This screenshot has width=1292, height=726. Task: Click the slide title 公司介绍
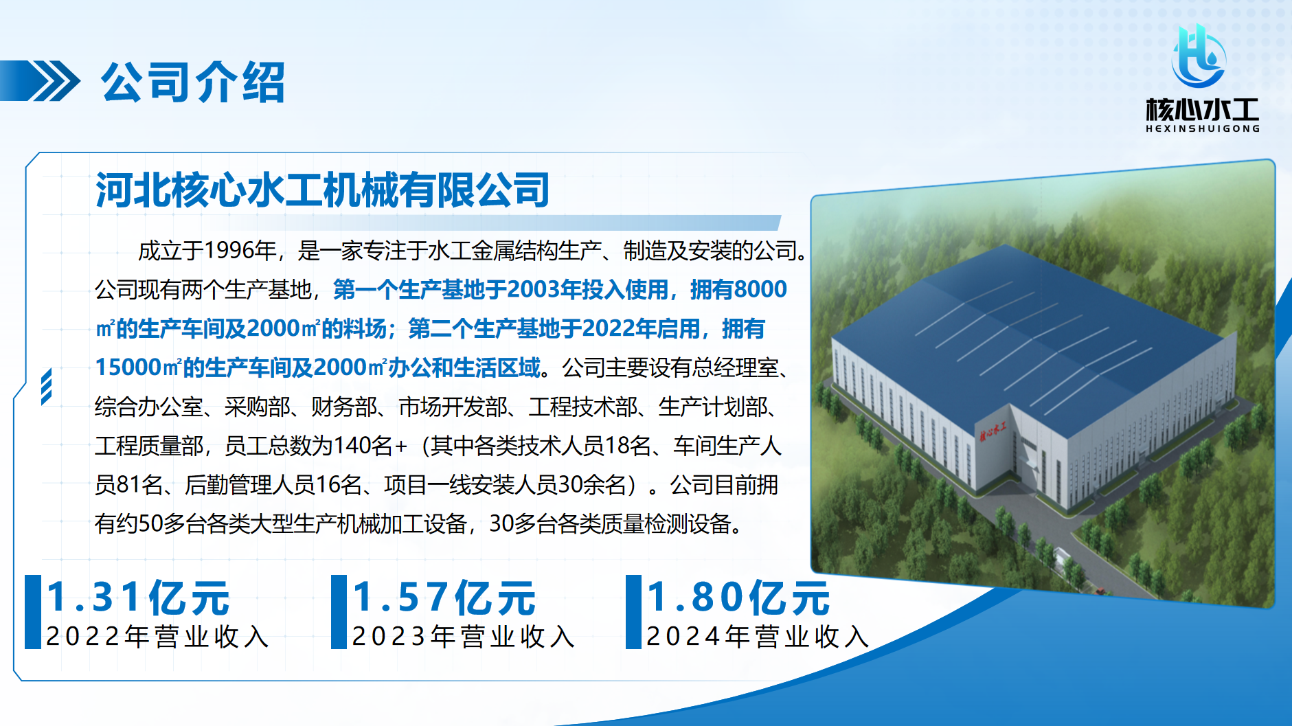tap(193, 82)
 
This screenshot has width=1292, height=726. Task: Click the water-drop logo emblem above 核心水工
tap(1199, 56)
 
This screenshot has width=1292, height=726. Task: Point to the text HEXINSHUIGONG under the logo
tap(1203, 128)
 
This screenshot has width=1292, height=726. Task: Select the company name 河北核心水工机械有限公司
tap(322, 190)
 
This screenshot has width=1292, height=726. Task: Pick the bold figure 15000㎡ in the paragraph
tap(138, 367)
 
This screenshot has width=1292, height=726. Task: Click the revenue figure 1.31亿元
tap(137, 597)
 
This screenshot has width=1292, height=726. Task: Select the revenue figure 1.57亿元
tap(444, 597)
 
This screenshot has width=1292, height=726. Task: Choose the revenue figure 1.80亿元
tap(738, 597)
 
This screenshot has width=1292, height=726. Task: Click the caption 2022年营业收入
tap(157, 636)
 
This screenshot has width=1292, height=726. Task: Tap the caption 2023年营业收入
tap(463, 636)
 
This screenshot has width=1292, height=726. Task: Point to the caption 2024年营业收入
tap(758, 636)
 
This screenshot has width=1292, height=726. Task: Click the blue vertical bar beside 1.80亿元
tap(633, 612)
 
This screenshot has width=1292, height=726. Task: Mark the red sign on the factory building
tap(993, 431)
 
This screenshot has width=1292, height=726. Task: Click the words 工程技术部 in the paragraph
tap(582, 407)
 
